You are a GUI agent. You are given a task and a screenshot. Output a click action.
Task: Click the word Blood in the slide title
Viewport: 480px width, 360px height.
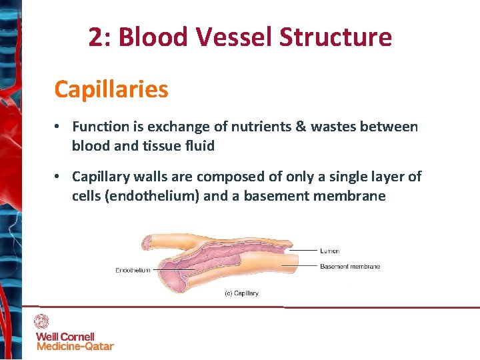point(151,37)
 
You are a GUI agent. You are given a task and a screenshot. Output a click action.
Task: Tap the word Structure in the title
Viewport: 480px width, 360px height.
point(335,37)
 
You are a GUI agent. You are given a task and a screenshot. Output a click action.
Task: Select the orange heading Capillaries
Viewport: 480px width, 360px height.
point(111,89)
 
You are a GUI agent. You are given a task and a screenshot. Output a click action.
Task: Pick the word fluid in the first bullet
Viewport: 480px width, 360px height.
point(201,145)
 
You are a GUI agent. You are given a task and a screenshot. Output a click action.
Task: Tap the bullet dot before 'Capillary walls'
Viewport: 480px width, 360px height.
point(59,177)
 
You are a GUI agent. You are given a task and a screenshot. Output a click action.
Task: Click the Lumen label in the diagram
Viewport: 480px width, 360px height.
point(330,251)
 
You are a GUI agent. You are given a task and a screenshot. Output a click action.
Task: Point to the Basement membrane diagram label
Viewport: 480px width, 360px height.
point(350,267)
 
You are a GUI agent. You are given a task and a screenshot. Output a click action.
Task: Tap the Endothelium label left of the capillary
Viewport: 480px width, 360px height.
point(133,270)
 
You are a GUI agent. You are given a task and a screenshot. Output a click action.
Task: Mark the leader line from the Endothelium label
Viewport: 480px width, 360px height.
point(161,270)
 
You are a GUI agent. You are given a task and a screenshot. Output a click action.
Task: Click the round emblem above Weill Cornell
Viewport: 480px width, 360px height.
point(42,321)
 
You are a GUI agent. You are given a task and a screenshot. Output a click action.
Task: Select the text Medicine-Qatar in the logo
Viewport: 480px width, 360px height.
point(75,346)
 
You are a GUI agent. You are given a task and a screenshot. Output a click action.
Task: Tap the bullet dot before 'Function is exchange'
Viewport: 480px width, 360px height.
point(59,127)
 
